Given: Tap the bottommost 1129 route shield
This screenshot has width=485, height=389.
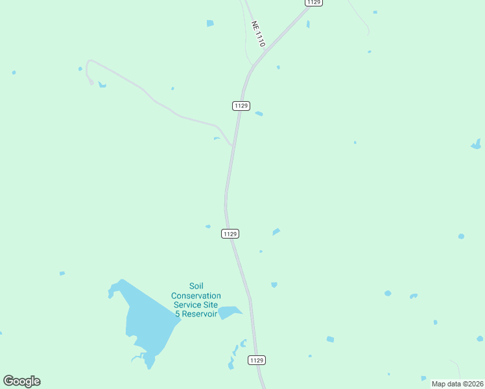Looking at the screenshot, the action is [257, 360].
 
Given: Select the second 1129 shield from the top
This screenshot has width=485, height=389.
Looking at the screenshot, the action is [241, 106].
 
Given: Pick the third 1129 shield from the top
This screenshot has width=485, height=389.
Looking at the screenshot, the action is [230, 233].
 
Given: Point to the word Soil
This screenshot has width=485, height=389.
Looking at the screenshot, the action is [196, 286].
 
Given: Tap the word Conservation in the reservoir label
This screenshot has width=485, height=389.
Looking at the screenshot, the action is [196, 296].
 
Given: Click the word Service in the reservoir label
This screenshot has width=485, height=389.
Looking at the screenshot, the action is [187, 305].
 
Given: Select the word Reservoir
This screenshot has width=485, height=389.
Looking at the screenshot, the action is [199, 314].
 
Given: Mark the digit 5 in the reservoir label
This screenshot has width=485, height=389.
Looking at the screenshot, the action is [177, 314].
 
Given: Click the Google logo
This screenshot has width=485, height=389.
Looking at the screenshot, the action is [21, 381].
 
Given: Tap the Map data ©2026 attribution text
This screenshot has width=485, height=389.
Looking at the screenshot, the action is [457, 384].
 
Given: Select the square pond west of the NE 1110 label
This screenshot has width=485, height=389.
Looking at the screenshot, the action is [210, 23].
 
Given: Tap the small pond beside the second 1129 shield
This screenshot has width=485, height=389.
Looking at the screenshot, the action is [259, 114].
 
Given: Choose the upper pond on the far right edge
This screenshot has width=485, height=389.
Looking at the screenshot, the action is [477, 145].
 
